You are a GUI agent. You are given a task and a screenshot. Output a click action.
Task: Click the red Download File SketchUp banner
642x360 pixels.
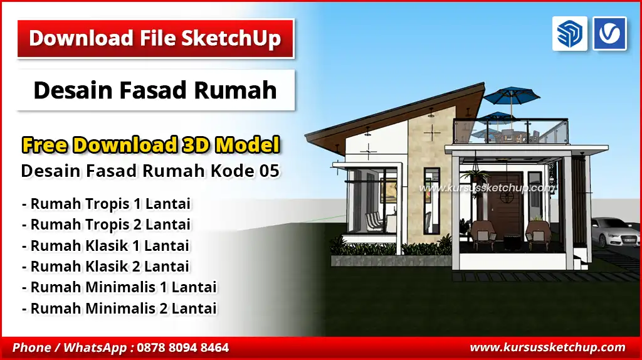click(x=155, y=38)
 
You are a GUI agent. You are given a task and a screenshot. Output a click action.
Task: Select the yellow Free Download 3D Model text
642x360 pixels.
click(x=150, y=145)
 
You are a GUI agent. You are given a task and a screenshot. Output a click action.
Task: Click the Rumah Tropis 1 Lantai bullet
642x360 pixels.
click(x=106, y=204)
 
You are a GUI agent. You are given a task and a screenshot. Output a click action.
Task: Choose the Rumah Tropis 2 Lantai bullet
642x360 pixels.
click(x=106, y=224)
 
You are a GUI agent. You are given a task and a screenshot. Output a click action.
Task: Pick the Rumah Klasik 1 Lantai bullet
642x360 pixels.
click(x=105, y=245)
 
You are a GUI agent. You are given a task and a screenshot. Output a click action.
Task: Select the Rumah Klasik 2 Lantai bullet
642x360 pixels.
click(x=105, y=266)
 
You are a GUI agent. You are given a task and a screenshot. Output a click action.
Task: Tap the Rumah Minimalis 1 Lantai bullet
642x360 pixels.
click(x=119, y=287)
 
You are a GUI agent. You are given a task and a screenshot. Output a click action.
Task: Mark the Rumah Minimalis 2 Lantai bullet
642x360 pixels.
click(x=119, y=308)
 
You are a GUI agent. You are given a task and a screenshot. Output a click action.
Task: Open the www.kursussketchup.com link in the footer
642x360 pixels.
click(x=547, y=347)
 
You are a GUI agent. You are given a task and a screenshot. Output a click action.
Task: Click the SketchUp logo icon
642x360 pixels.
click(x=569, y=34)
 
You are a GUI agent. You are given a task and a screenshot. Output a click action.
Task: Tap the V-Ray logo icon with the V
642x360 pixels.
click(x=609, y=34)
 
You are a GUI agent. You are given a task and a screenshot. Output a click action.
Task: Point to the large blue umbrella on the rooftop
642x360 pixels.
click(x=513, y=97)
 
